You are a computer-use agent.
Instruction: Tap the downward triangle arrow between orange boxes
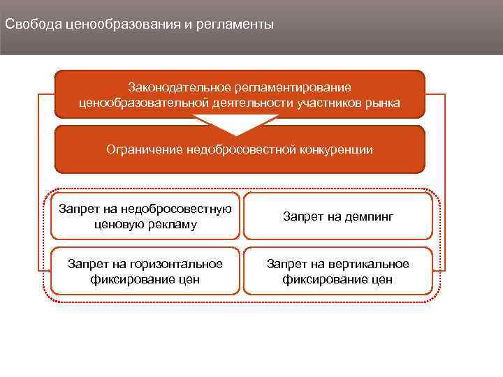click(238, 126)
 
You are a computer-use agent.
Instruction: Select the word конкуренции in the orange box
click(334, 149)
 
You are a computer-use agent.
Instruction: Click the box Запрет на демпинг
click(338, 216)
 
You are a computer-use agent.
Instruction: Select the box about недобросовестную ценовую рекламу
click(145, 216)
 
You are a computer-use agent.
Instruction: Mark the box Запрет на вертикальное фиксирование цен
click(338, 271)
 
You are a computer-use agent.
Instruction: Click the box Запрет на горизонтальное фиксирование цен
click(145, 271)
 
